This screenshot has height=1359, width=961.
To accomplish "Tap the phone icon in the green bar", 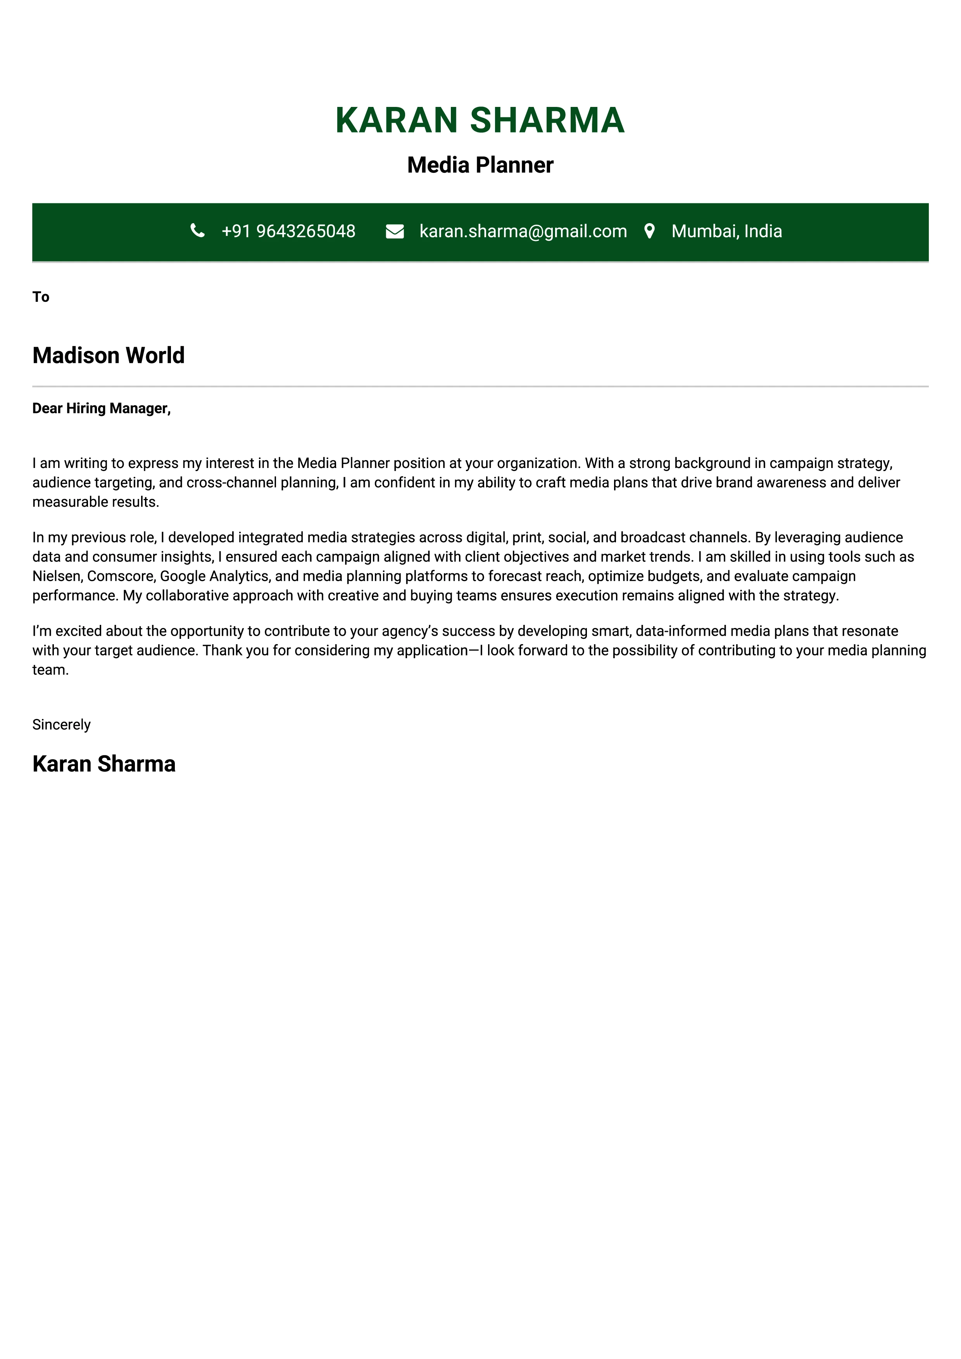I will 198,231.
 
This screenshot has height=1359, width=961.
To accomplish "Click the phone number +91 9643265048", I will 288,231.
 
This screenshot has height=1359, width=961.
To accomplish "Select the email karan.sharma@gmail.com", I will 523,231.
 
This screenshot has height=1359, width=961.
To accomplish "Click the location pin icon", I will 650,231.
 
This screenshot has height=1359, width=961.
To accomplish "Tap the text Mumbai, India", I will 726,231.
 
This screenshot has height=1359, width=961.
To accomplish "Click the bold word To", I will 41,297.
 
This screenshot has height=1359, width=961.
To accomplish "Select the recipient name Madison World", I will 109,356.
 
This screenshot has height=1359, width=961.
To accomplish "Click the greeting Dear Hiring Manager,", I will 101,408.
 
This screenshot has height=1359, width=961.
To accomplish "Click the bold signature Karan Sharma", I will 104,764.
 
